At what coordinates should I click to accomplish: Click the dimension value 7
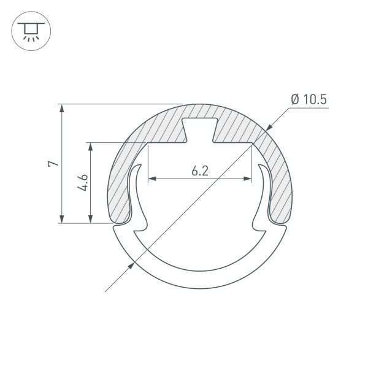[53, 164]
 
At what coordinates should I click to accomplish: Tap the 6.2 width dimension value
[200, 171]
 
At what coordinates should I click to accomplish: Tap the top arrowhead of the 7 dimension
[61, 108]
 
